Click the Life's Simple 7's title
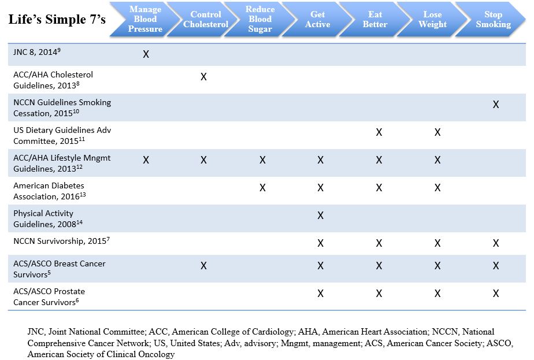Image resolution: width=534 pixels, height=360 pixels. point(57,20)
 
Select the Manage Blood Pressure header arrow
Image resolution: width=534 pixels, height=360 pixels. point(145,20)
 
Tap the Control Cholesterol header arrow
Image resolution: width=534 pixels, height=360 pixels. point(205,20)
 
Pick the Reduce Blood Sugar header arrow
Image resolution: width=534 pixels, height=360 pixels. point(260,20)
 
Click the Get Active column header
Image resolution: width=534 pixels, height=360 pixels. point(318,20)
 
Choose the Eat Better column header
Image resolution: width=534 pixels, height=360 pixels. point(375,20)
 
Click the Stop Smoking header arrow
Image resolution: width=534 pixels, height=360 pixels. point(493,20)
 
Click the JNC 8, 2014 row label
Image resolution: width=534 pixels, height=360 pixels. point(37,52)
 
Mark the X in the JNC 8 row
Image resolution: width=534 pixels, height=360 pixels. point(146,54)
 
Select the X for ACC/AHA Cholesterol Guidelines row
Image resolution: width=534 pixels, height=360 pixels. point(203,77)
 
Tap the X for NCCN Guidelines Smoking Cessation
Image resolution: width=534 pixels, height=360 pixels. point(496,105)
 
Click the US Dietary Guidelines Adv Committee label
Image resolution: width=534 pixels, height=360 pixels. point(62,136)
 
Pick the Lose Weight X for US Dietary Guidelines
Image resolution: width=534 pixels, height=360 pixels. point(437,132)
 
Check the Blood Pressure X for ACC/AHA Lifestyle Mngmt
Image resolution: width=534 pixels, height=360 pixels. point(146,160)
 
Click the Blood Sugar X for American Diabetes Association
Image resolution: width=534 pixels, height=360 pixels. point(262,188)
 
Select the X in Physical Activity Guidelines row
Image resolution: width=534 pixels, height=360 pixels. point(320,216)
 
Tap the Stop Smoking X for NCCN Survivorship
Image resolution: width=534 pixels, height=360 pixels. point(496,243)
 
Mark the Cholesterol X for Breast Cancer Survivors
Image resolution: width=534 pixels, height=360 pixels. point(203,266)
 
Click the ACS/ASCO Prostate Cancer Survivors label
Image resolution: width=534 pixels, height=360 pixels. point(60,296)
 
